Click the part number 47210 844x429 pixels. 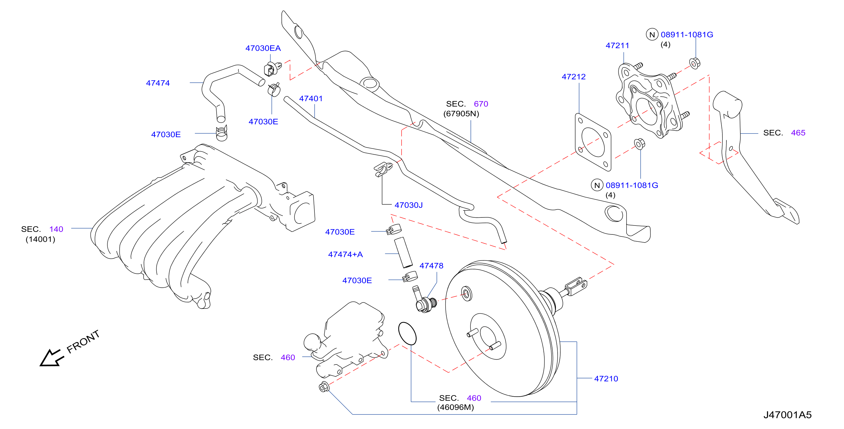[x=606, y=379]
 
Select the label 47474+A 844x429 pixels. [x=345, y=254]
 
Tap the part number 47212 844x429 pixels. [x=573, y=77]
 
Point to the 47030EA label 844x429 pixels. [x=263, y=48]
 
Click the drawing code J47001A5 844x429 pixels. [x=787, y=415]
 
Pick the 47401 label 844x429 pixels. [x=311, y=99]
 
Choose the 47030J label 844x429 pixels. [x=409, y=205]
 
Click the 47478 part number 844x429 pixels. [x=431, y=266]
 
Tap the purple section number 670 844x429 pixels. [x=481, y=104]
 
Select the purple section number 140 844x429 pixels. [x=56, y=229]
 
